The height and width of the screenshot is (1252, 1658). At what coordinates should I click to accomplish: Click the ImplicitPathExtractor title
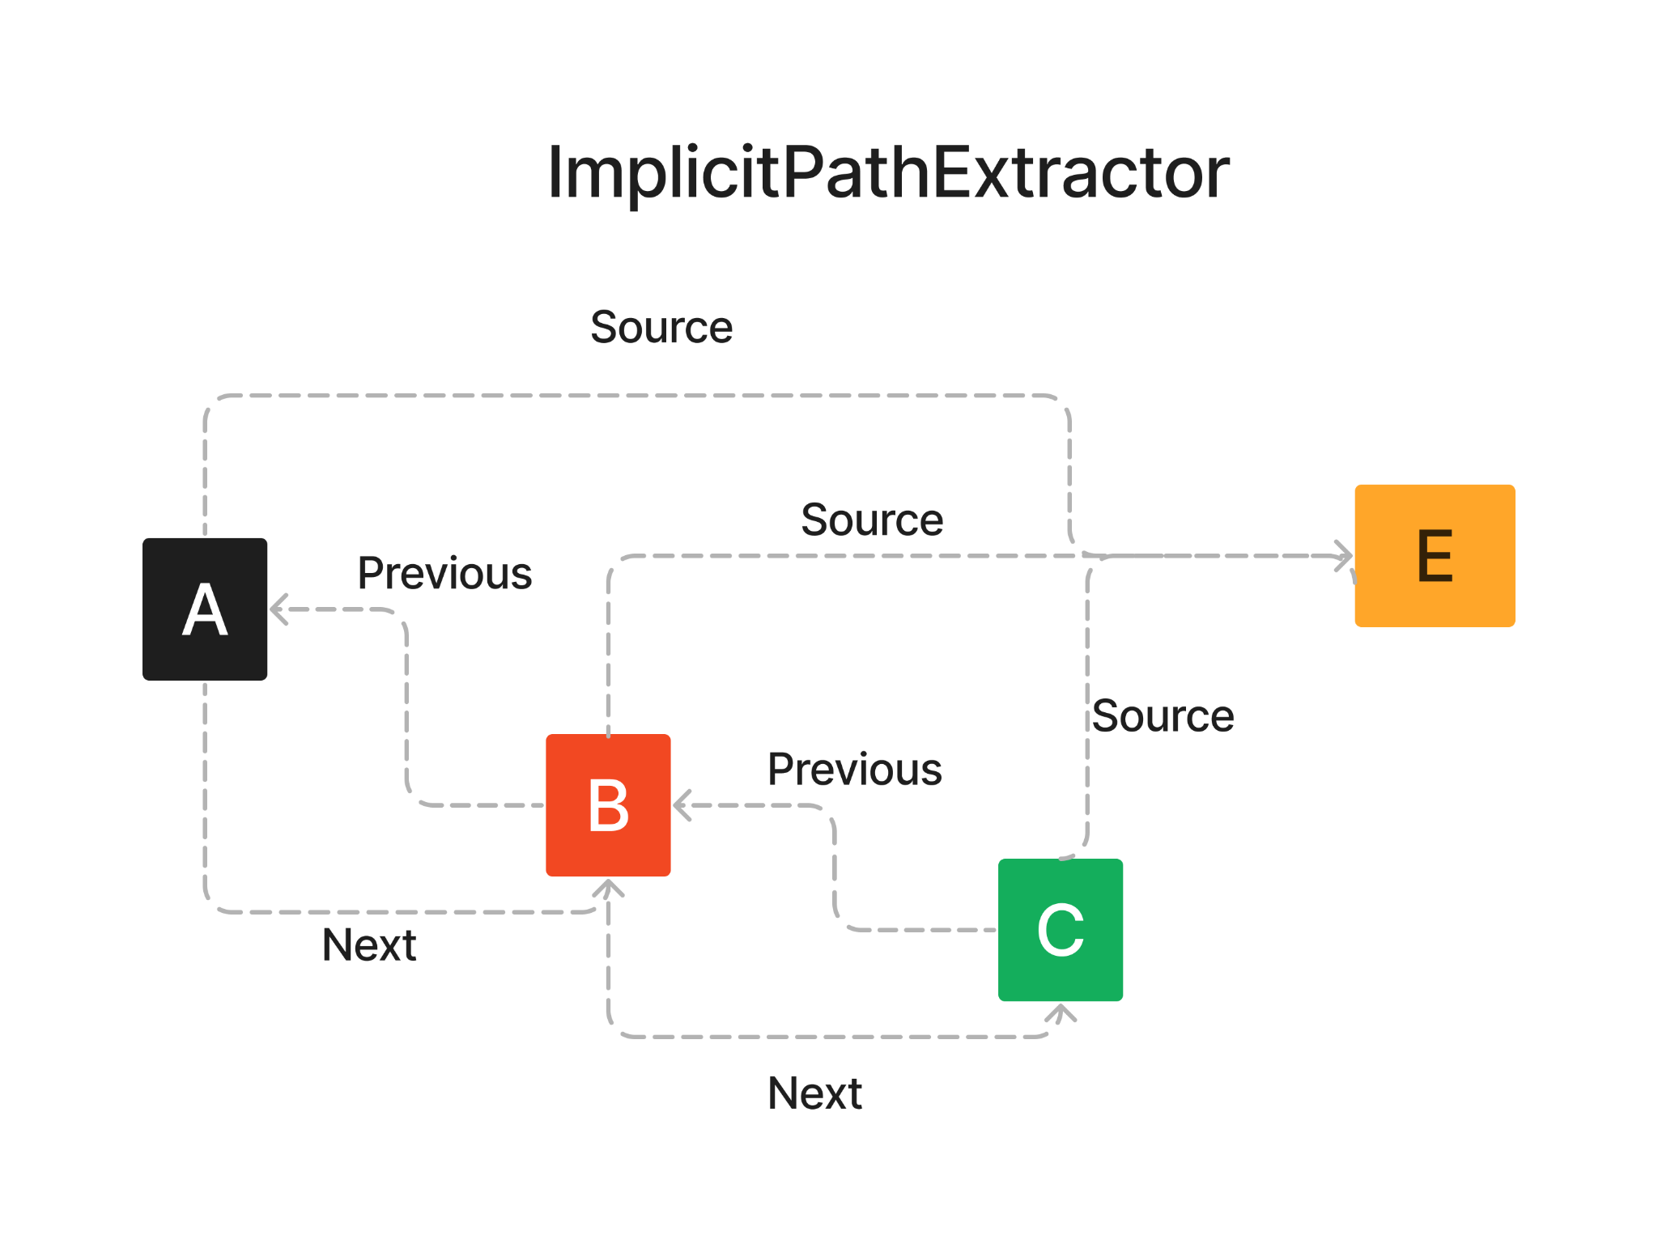click(x=888, y=172)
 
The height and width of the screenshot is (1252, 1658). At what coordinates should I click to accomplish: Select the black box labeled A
click(x=205, y=609)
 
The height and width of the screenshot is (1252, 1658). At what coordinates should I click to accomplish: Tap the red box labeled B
click(x=608, y=805)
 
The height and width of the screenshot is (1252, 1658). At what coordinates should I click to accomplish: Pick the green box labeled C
click(x=1061, y=930)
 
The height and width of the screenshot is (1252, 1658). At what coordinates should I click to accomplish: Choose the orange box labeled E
click(x=1435, y=556)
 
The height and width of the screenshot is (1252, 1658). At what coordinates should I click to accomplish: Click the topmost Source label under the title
click(x=661, y=327)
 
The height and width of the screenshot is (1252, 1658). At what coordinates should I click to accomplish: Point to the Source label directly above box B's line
click(x=872, y=520)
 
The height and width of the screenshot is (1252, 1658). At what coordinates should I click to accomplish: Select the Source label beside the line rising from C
click(x=1163, y=715)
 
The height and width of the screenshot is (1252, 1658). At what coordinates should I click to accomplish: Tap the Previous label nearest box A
click(x=444, y=573)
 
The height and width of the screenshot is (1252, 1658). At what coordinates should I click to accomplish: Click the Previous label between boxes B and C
click(x=855, y=769)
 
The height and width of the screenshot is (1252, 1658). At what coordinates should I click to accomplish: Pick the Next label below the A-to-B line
click(x=369, y=944)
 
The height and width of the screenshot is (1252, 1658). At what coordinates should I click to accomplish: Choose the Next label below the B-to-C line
click(x=815, y=1093)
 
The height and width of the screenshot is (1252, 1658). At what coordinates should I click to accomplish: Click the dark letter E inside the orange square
click(x=1435, y=556)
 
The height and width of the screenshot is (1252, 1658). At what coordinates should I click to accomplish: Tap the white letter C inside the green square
click(x=1061, y=930)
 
